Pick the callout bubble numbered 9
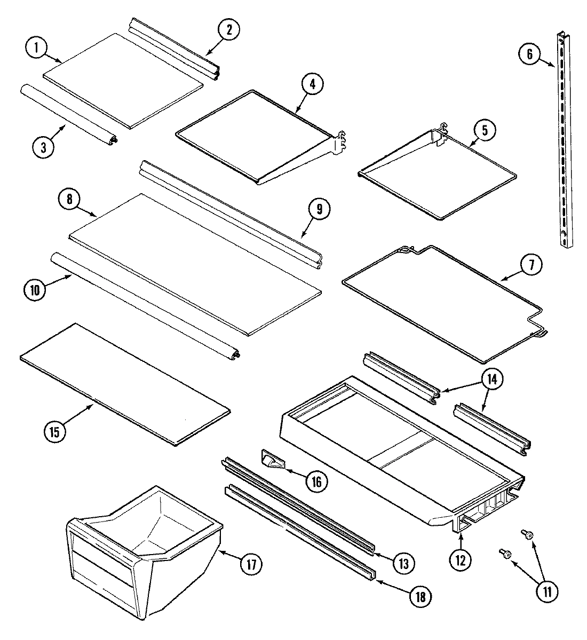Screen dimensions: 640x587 click(x=318, y=209)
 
